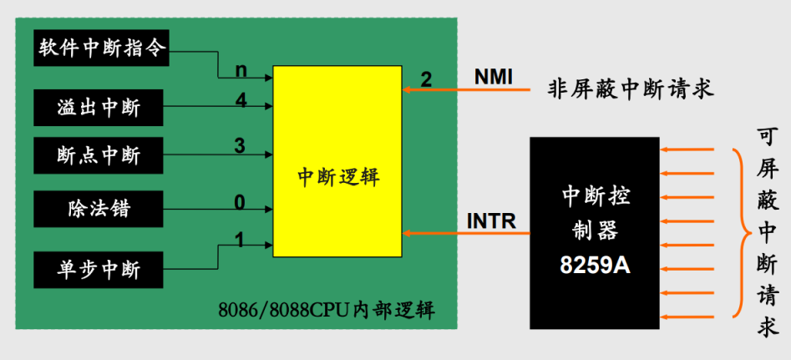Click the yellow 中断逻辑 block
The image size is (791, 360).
click(x=338, y=177)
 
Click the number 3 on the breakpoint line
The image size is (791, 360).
click(x=240, y=147)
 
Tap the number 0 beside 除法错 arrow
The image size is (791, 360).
click(x=240, y=202)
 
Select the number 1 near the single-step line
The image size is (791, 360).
click(x=240, y=241)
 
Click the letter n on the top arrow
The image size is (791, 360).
click(x=241, y=70)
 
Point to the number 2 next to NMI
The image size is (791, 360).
click(x=426, y=80)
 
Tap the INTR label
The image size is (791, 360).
click(x=491, y=222)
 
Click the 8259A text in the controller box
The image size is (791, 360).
click(x=595, y=266)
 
